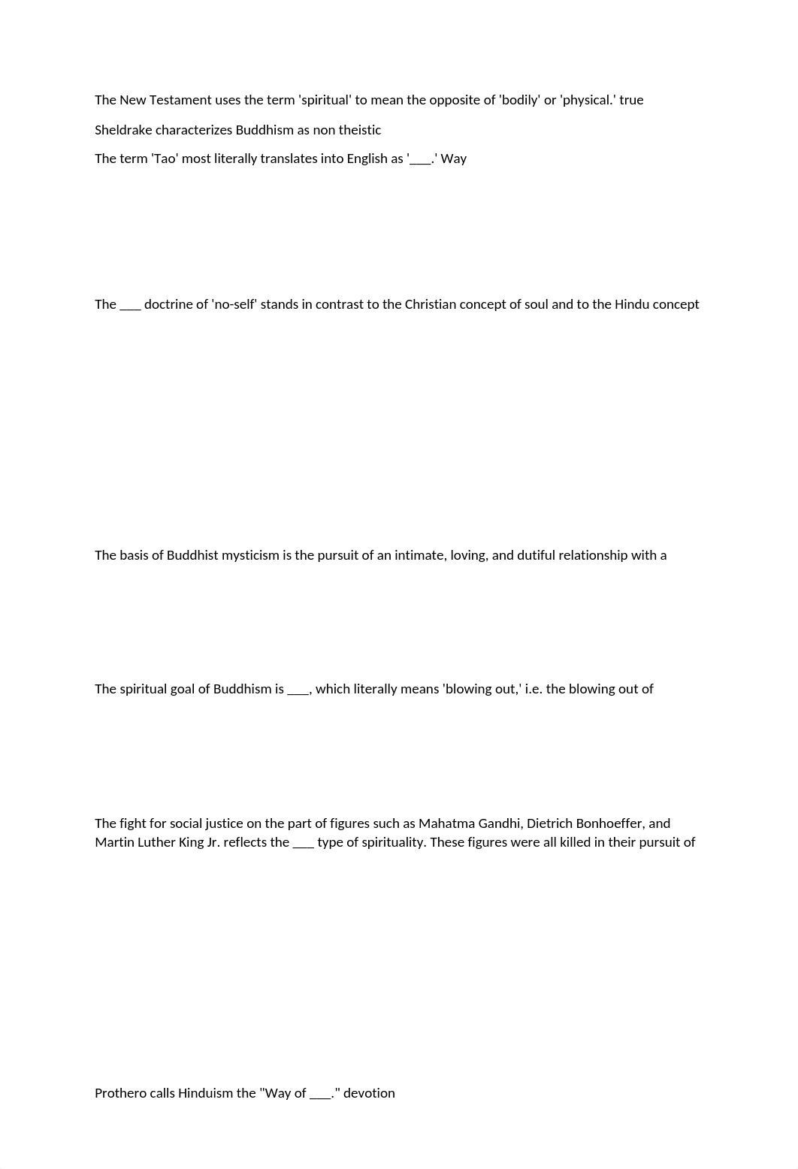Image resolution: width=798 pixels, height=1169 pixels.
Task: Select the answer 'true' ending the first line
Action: coord(631,100)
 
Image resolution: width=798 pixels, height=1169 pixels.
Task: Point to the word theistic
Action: coord(360,130)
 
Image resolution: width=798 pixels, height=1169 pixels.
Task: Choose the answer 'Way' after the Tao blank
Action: coord(454,159)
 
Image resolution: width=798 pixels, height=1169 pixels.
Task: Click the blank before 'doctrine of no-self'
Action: coord(130,306)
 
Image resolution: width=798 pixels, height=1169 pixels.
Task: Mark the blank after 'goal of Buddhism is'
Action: coord(298,690)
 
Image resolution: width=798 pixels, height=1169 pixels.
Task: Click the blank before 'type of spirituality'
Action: coord(303,844)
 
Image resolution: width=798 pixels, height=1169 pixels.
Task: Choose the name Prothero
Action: coord(120,1093)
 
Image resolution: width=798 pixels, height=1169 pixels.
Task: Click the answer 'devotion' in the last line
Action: coord(369,1093)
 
